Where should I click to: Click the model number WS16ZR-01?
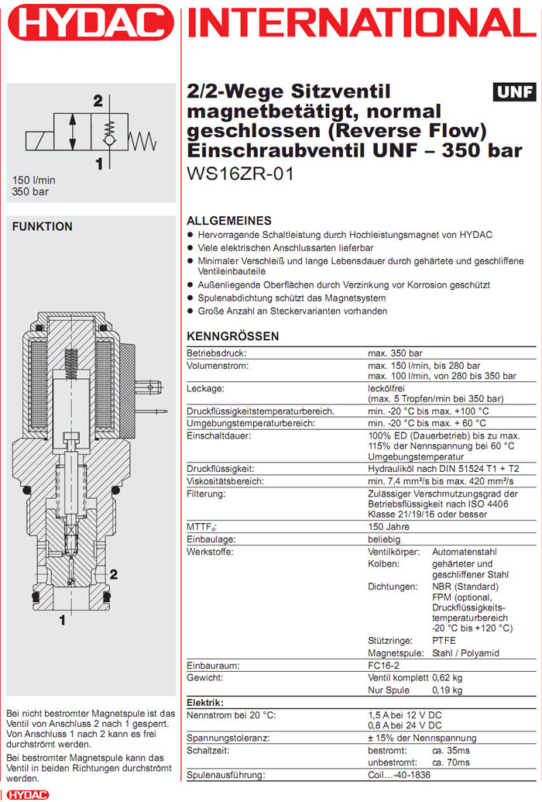(x=241, y=174)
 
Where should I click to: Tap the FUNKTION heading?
(x=43, y=226)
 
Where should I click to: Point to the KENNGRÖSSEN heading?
(x=233, y=336)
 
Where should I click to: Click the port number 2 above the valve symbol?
(x=98, y=101)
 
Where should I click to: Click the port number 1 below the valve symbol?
(x=98, y=163)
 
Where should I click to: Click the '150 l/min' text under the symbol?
(x=34, y=181)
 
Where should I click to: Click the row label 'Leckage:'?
(x=206, y=387)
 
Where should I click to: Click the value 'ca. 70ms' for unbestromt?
(x=452, y=762)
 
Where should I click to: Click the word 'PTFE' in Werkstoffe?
(x=444, y=641)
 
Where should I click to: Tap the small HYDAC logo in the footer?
(x=27, y=794)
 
